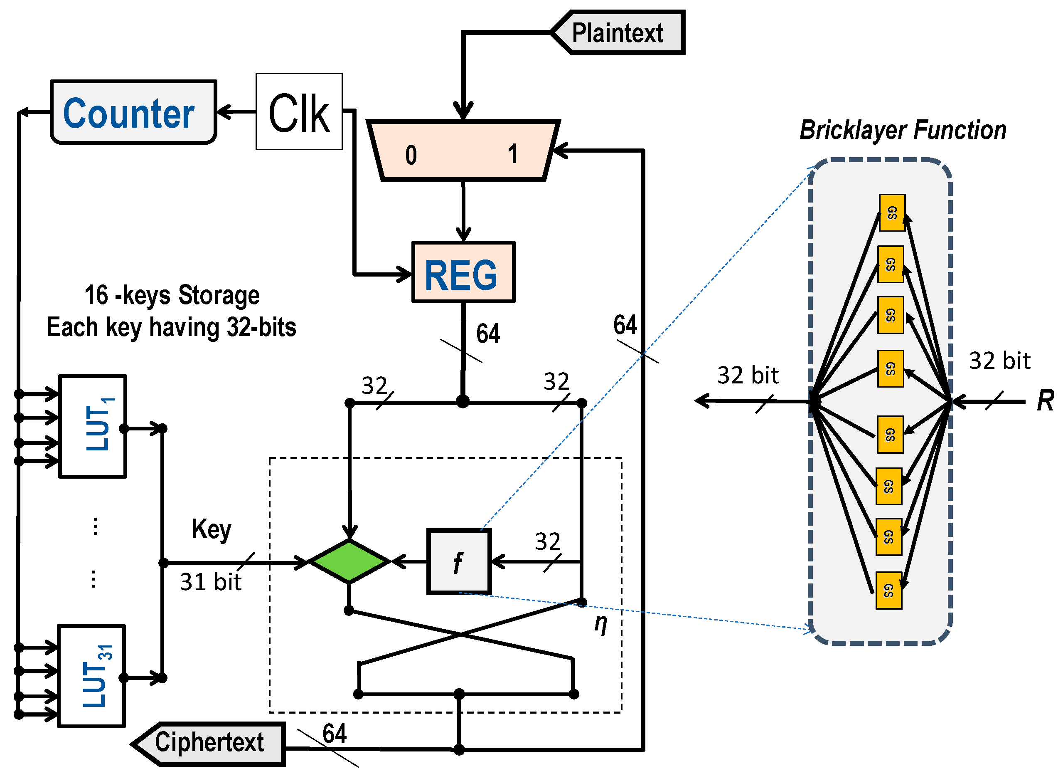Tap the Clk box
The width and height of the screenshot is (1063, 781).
[x=299, y=112]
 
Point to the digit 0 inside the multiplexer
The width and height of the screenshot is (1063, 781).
[x=411, y=155]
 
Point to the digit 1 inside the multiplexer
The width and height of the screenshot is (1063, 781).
[x=513, y=154]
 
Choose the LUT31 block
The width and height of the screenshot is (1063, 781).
[x=92, y=677]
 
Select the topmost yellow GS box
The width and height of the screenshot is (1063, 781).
[x=892, y=213]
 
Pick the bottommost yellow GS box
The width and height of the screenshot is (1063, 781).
[x=888, y=591]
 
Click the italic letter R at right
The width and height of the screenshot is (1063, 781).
[x=1045, y=401]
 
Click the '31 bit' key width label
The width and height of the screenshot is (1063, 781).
[x=211, y=582]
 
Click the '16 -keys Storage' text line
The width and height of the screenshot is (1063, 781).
[x=172, y=296]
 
